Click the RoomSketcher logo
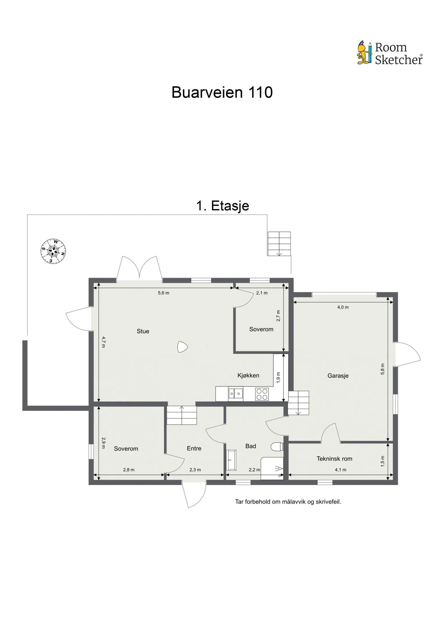coord(390,53)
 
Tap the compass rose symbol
coord(53,251)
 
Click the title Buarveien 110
coord(222,92)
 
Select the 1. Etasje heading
coord(222,206)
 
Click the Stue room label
coord(143,331)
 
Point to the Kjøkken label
coord(248,375)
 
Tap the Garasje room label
coord(338,376)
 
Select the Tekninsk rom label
coord(334,459)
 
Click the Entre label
coord(194,448)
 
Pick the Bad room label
coord(251,446)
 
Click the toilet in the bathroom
coord(277,447)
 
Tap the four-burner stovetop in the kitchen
coord(262,395)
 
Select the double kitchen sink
coord(236,394)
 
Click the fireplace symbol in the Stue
coord(183,347)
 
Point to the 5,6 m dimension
coord(163,293)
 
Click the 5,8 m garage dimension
coord(383,369)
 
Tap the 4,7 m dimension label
coord(104,342)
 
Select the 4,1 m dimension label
coord(340,470)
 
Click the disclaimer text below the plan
coord(288,502)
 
